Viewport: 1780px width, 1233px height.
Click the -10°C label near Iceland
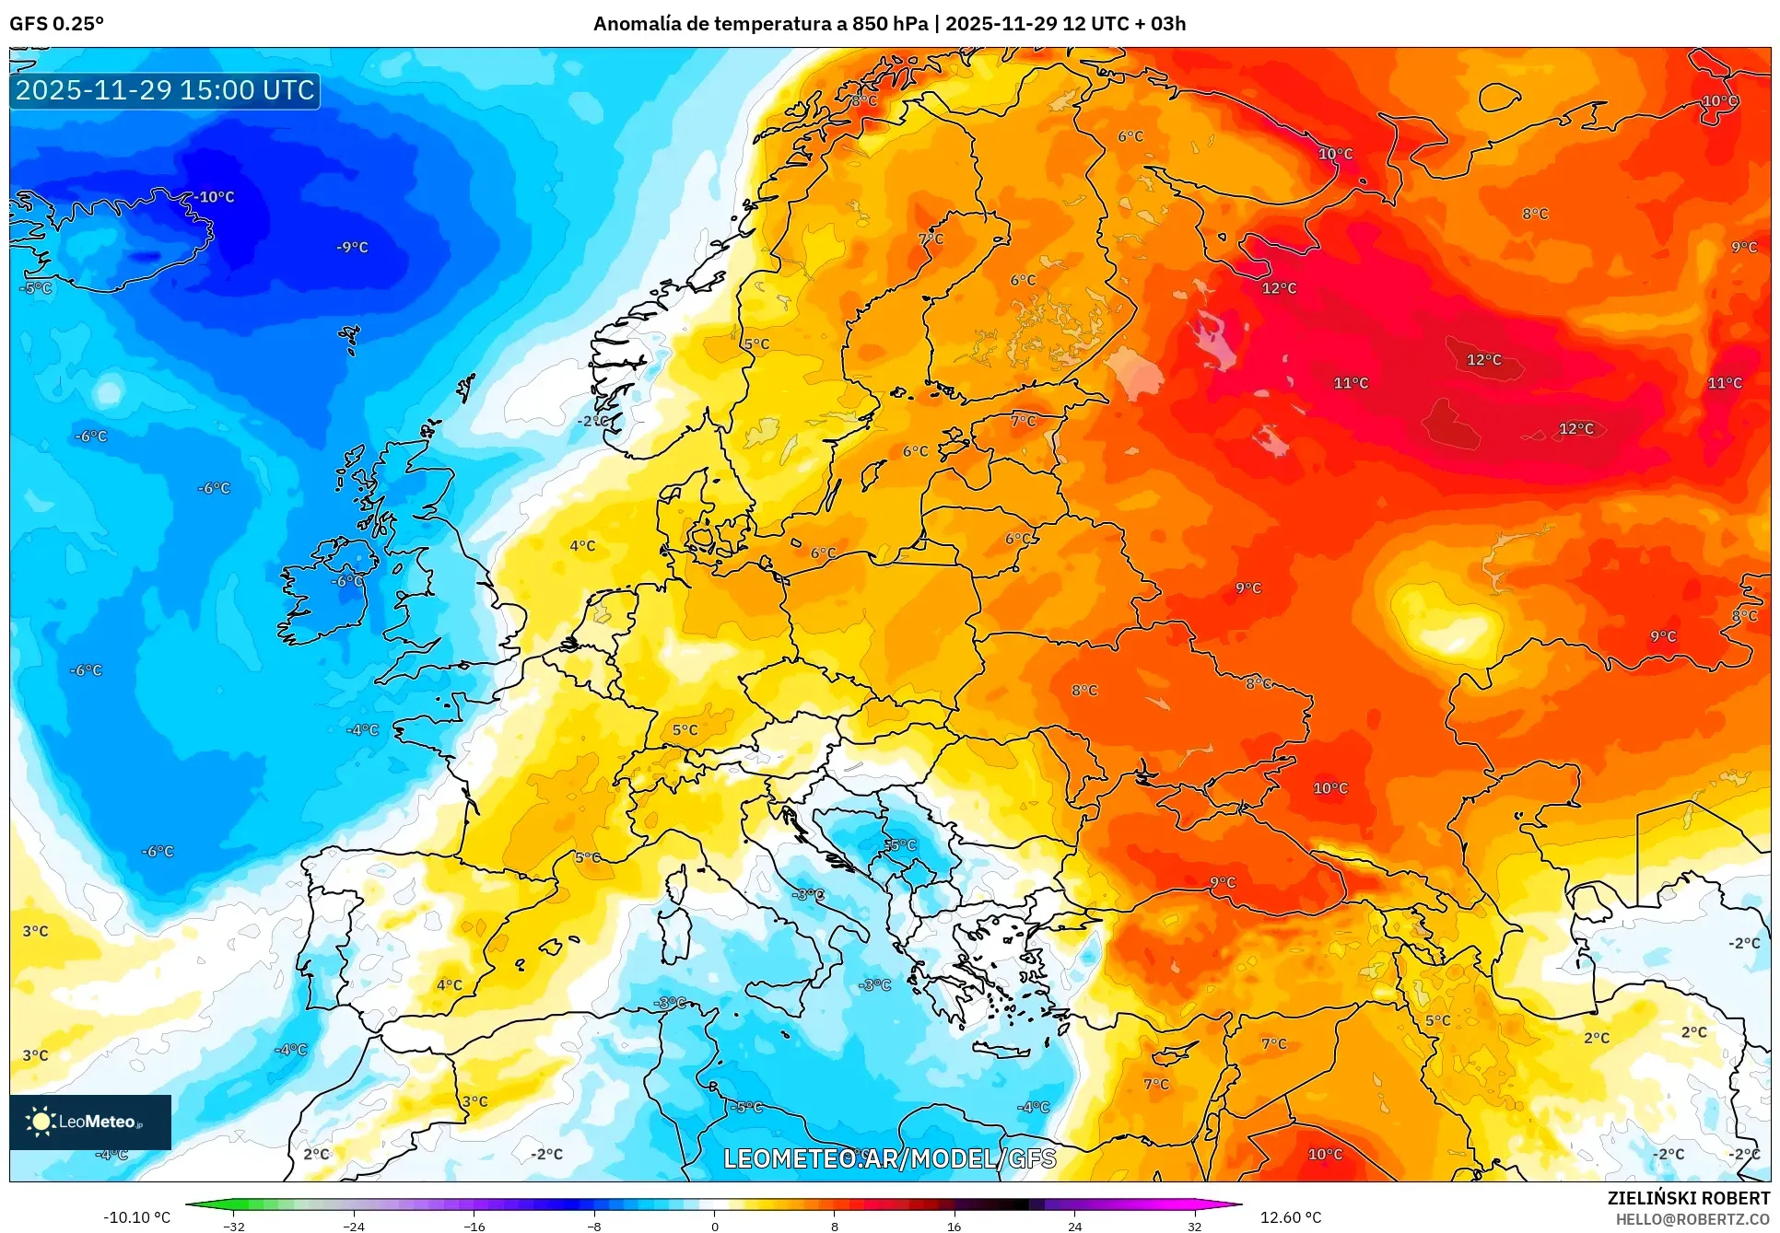(x=216, y=197)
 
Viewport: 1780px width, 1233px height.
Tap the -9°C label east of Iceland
(x=352, y=247)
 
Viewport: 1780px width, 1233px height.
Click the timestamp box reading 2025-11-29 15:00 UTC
(x=165, y=90)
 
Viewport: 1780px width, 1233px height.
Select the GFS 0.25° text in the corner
(x=56, y=24)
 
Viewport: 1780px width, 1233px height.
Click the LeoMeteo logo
(x=89, y=1122)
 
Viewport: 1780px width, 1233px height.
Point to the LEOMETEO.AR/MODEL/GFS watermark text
(x=889, y=1158)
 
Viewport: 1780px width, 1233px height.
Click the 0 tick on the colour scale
(x=714, y=1226)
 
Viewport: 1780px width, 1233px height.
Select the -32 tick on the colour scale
(x=234, y=1226)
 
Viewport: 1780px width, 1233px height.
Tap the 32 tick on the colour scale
(x=1194, y=1226)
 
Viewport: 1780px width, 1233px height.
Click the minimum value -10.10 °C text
(x=136, y=1217)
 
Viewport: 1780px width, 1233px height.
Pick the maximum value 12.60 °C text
(x=1290, y=1217)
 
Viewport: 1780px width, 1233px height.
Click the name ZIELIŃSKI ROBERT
(x=1688, y=1198)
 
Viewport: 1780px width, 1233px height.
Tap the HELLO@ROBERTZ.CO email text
(x=1692, y=1219)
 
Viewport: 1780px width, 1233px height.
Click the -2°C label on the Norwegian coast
(x=593, y=421)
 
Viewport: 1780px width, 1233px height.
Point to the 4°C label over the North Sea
(x=582, y=546)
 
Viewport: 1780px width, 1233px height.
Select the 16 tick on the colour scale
(x=954, y=1226)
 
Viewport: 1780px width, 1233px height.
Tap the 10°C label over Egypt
(x=1325, y=1154)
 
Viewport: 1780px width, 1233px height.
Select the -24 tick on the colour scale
(x=354, y=1226)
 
